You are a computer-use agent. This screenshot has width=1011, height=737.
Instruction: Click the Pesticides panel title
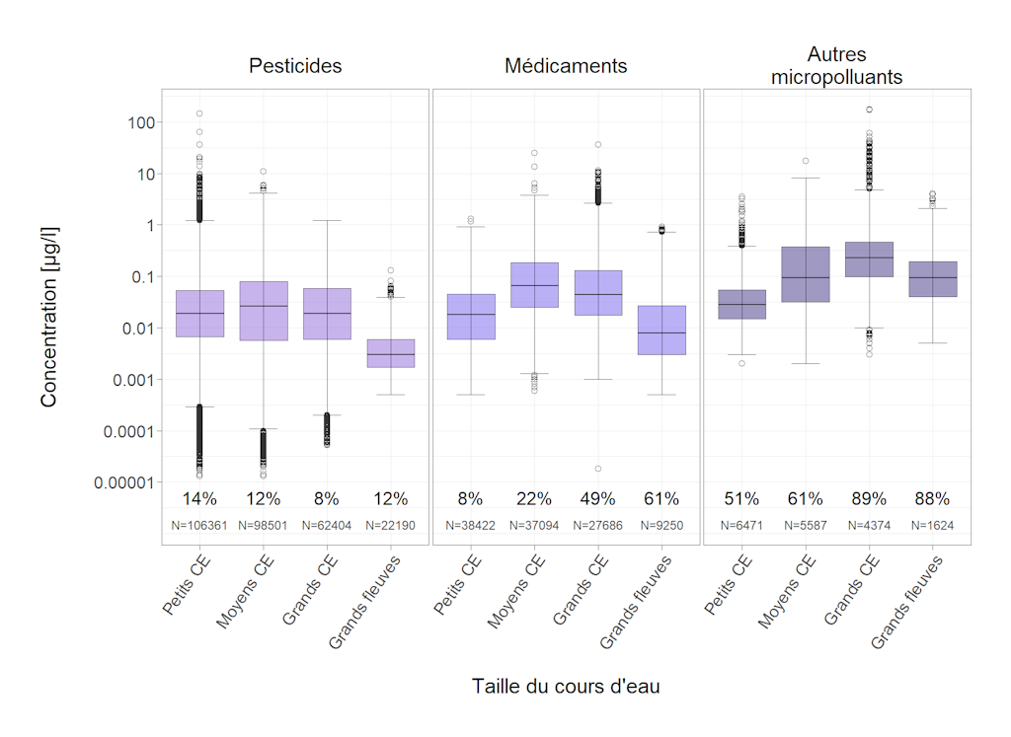[x=295, y=66]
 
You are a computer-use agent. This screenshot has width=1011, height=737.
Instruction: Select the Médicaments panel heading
[x=566, y=66]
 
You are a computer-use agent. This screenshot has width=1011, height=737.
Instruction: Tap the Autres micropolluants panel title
[x=836, y=65]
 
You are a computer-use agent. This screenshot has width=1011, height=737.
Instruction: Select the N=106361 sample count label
[x=199, y=526]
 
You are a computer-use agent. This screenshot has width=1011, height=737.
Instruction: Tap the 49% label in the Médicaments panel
[x=598, y=499]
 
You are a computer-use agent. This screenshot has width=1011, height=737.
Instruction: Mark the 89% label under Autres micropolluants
[x=869, y=499]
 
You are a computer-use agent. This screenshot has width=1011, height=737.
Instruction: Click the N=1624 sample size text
[x=932, y=526]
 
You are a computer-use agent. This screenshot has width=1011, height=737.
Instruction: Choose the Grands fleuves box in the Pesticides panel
[x=390, y=353]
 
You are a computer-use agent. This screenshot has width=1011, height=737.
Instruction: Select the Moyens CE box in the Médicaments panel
[x=535, y=285]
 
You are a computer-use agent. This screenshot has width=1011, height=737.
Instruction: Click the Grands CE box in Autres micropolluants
[x=869, y=258]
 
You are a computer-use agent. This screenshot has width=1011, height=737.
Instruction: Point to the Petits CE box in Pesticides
[x=199, y=314]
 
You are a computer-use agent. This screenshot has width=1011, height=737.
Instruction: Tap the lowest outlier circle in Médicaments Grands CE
[x=598, y=468]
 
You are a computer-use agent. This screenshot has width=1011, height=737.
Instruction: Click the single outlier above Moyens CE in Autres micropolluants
[x=806, y=161]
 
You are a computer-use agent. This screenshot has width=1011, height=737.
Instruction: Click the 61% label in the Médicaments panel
[x=661, y=499]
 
